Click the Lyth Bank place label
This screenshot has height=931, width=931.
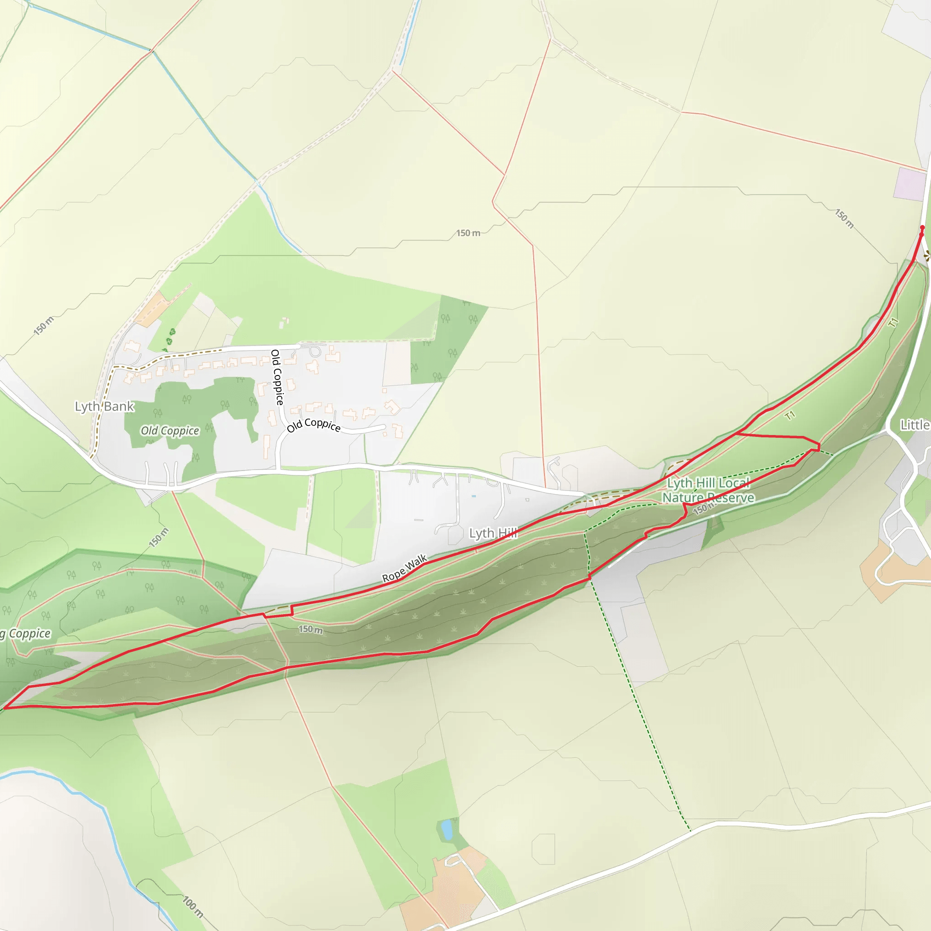104,406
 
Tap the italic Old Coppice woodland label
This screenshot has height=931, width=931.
170,430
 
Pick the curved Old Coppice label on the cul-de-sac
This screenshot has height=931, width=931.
314,425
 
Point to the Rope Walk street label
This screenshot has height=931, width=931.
404,569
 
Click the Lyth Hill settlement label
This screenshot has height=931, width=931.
493,533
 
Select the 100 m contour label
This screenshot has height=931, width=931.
193,906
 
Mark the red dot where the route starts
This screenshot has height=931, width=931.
922,227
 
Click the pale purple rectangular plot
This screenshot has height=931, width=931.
910,184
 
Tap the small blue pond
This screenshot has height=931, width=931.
447,829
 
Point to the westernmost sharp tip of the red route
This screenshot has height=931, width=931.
4,708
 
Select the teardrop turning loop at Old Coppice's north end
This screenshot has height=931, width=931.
315,350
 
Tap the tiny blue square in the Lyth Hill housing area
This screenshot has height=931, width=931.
474,496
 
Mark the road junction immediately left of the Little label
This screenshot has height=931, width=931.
889,427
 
